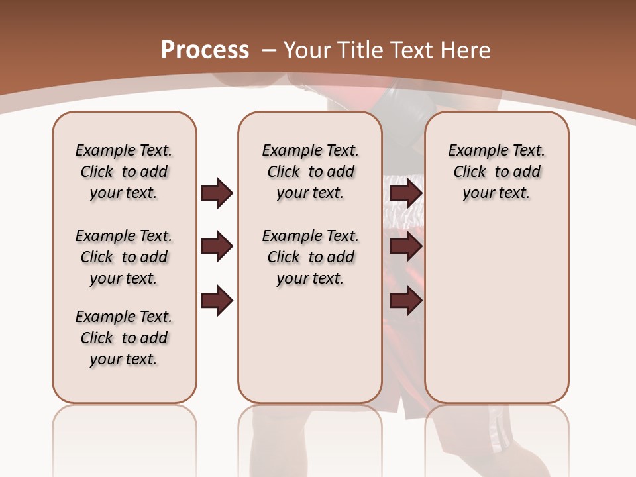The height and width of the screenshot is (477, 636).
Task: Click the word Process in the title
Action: tap(205, 50)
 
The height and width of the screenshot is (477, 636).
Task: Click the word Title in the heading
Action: tap(360, 50)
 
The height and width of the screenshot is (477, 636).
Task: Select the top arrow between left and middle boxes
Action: tap(217, 193)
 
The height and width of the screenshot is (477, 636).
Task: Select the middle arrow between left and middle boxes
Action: tap(217, 247)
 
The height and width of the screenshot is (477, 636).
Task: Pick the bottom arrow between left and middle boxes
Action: tap(217, 301)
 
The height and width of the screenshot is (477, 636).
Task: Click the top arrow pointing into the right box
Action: tap(405, 193)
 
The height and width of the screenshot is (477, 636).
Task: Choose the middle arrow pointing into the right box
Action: tap(405, 247)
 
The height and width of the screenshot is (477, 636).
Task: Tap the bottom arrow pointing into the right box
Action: tap(405, 301)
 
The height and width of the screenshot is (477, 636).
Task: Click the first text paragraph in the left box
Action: tap(124, 172)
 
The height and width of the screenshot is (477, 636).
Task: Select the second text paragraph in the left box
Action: tap(124, 257)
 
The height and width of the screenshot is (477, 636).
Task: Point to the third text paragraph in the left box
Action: tap(124, 338)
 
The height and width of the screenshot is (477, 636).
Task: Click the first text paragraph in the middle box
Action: tap(310, 172)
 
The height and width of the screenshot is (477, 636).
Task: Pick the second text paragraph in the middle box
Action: tap(310, 257)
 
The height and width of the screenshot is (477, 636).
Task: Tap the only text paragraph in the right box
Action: tap(496, 172)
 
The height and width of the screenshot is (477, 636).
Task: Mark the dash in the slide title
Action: tap(269, 50)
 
